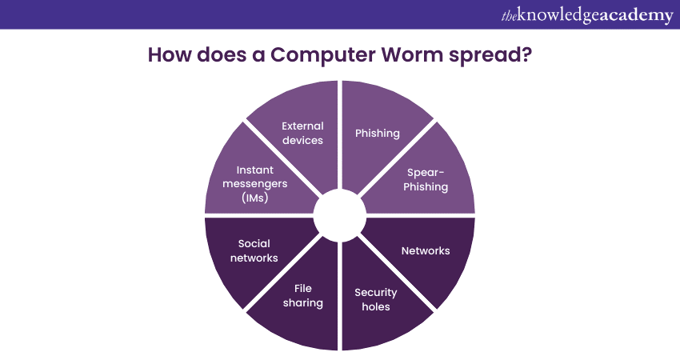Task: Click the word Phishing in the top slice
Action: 378,133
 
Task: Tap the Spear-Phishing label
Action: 426,179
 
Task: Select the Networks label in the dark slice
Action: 426,250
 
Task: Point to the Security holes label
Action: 375,299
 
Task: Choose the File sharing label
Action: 302,295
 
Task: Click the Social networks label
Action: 254,250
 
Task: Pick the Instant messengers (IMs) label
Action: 255,184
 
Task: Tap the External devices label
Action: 302,133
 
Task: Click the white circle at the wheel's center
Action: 340,215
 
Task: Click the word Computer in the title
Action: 323,55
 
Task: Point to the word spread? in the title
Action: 490,55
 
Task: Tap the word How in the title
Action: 170,54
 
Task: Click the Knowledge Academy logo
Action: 587,16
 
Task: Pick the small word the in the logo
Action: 509,17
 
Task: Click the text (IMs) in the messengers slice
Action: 255,198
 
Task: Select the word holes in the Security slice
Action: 375,306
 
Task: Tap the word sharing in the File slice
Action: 302,302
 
